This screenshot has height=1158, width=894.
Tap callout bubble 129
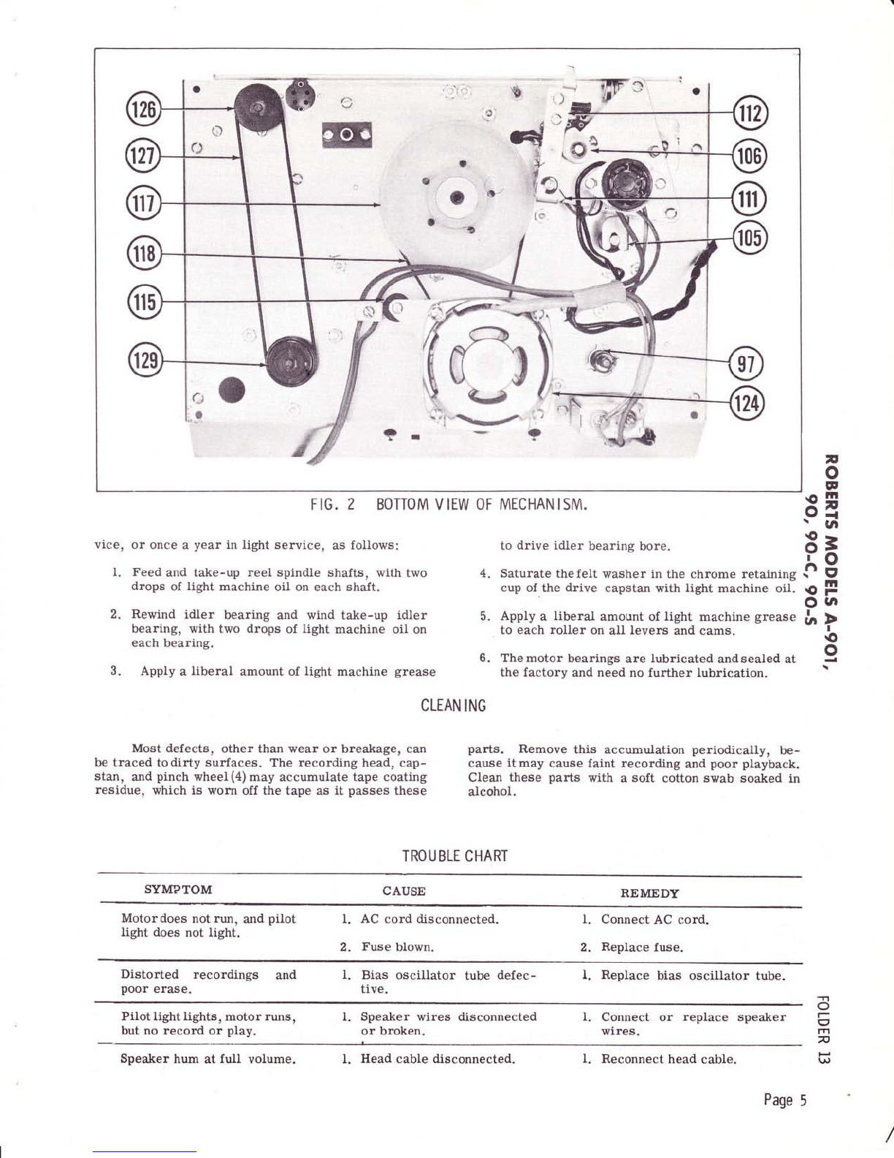(143, 360)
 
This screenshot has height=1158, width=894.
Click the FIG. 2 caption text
(449, 505)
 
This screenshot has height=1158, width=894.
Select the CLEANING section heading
(454, 705)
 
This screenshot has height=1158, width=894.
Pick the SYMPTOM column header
(178, 890)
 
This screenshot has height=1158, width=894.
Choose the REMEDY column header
(649, 893)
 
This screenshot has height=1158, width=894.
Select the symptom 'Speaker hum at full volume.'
(208, 1059)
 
